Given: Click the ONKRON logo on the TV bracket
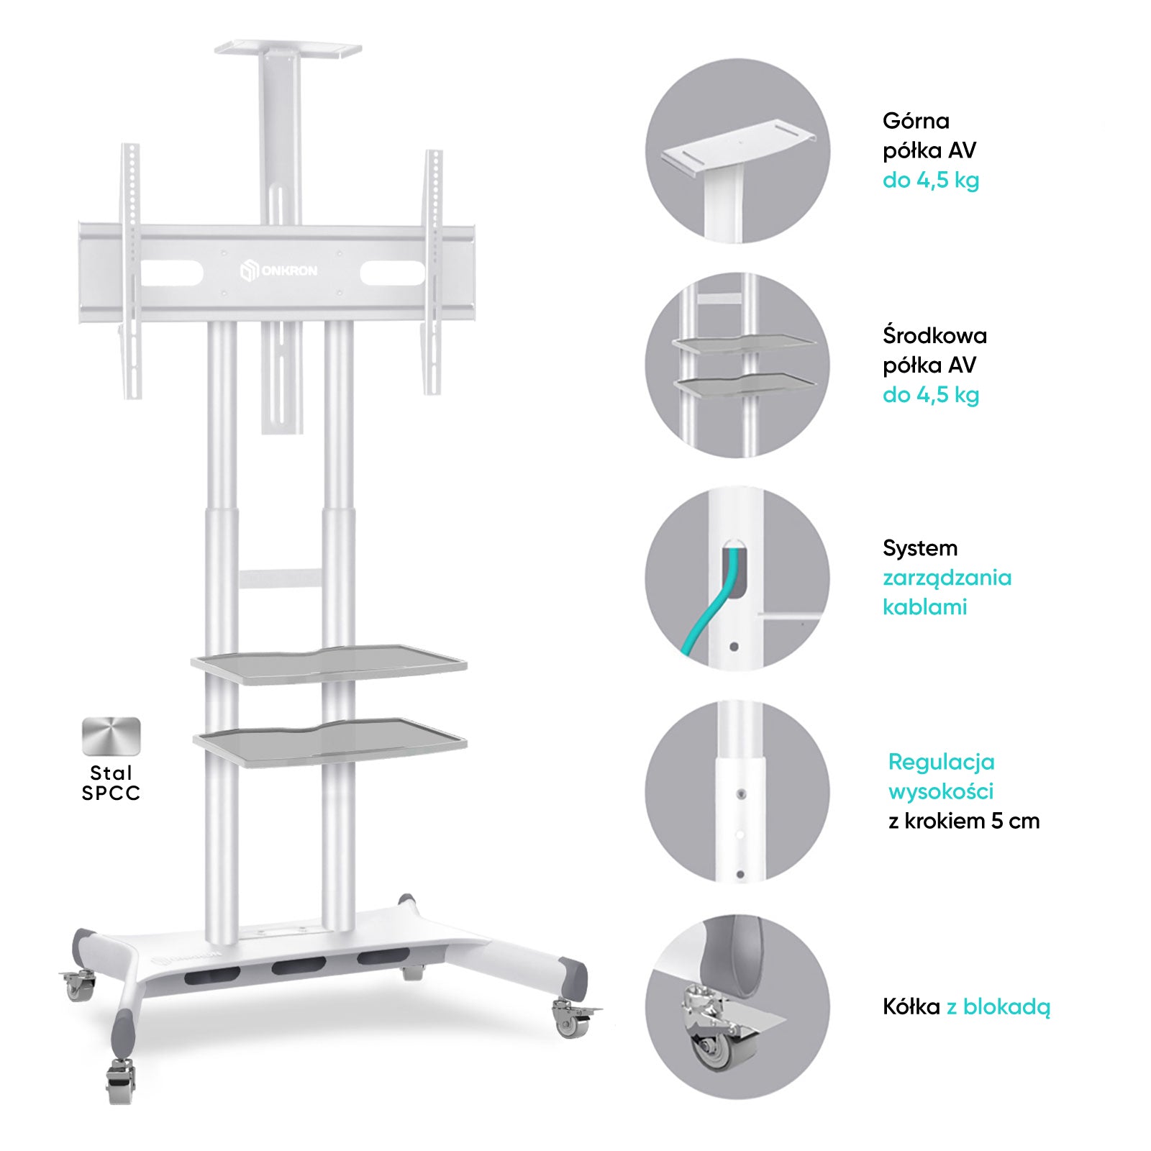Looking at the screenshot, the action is coord(278,271).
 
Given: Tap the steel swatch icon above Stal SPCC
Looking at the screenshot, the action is coord(112,736).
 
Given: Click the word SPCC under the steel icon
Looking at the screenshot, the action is coord(111,793).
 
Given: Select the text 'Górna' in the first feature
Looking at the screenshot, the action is coord(916,122).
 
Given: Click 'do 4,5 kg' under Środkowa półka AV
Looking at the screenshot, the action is coord(931,395).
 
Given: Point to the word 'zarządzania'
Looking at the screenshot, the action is coord(947,578).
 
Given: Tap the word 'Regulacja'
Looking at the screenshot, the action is coord(941,763).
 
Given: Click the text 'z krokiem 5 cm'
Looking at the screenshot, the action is coord(964,821).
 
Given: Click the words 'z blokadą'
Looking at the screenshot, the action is coord(998,1007).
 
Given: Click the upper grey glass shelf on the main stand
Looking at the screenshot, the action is coord(329,664).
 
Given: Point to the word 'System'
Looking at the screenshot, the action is coord(920,549).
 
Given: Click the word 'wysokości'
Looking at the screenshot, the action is coord(941,791).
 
